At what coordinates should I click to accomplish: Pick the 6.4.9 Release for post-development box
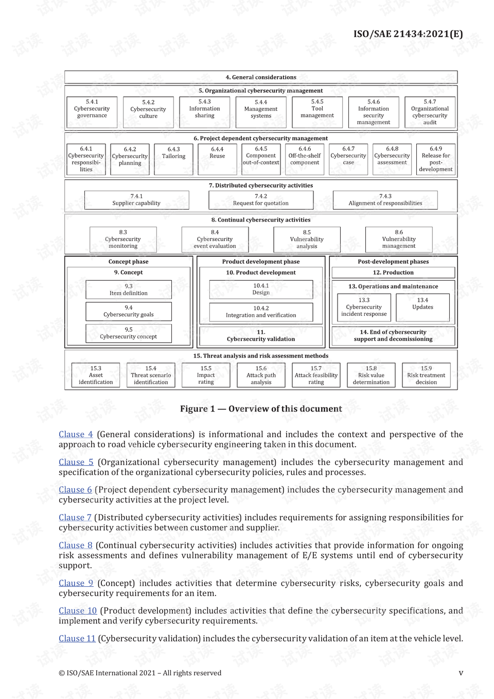click(435, 159)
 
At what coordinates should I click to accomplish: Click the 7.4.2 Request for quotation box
click(261, 200)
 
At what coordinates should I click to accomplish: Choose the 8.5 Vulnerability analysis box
click(307, 240)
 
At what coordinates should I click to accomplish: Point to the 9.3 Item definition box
click(129, 289)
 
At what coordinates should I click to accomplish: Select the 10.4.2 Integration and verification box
click(261, 312)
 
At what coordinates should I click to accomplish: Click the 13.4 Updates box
click(422, 307)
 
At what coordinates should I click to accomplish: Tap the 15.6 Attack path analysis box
click(261, 375)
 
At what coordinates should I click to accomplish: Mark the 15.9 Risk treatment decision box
click(426, 375)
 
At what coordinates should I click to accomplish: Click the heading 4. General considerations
click(261, 77)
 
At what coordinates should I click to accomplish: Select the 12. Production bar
click(393, 272)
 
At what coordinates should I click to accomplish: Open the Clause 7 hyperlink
click(75, 517)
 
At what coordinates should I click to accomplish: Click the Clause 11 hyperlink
click(77, 638)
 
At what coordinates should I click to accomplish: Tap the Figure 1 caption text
click(261, 408)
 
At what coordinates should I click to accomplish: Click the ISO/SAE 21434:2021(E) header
click(408, 34)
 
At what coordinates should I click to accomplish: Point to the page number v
click(461, 673)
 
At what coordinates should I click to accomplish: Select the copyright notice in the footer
click(140, 673)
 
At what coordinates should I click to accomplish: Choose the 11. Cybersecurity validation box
click(261, 336)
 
